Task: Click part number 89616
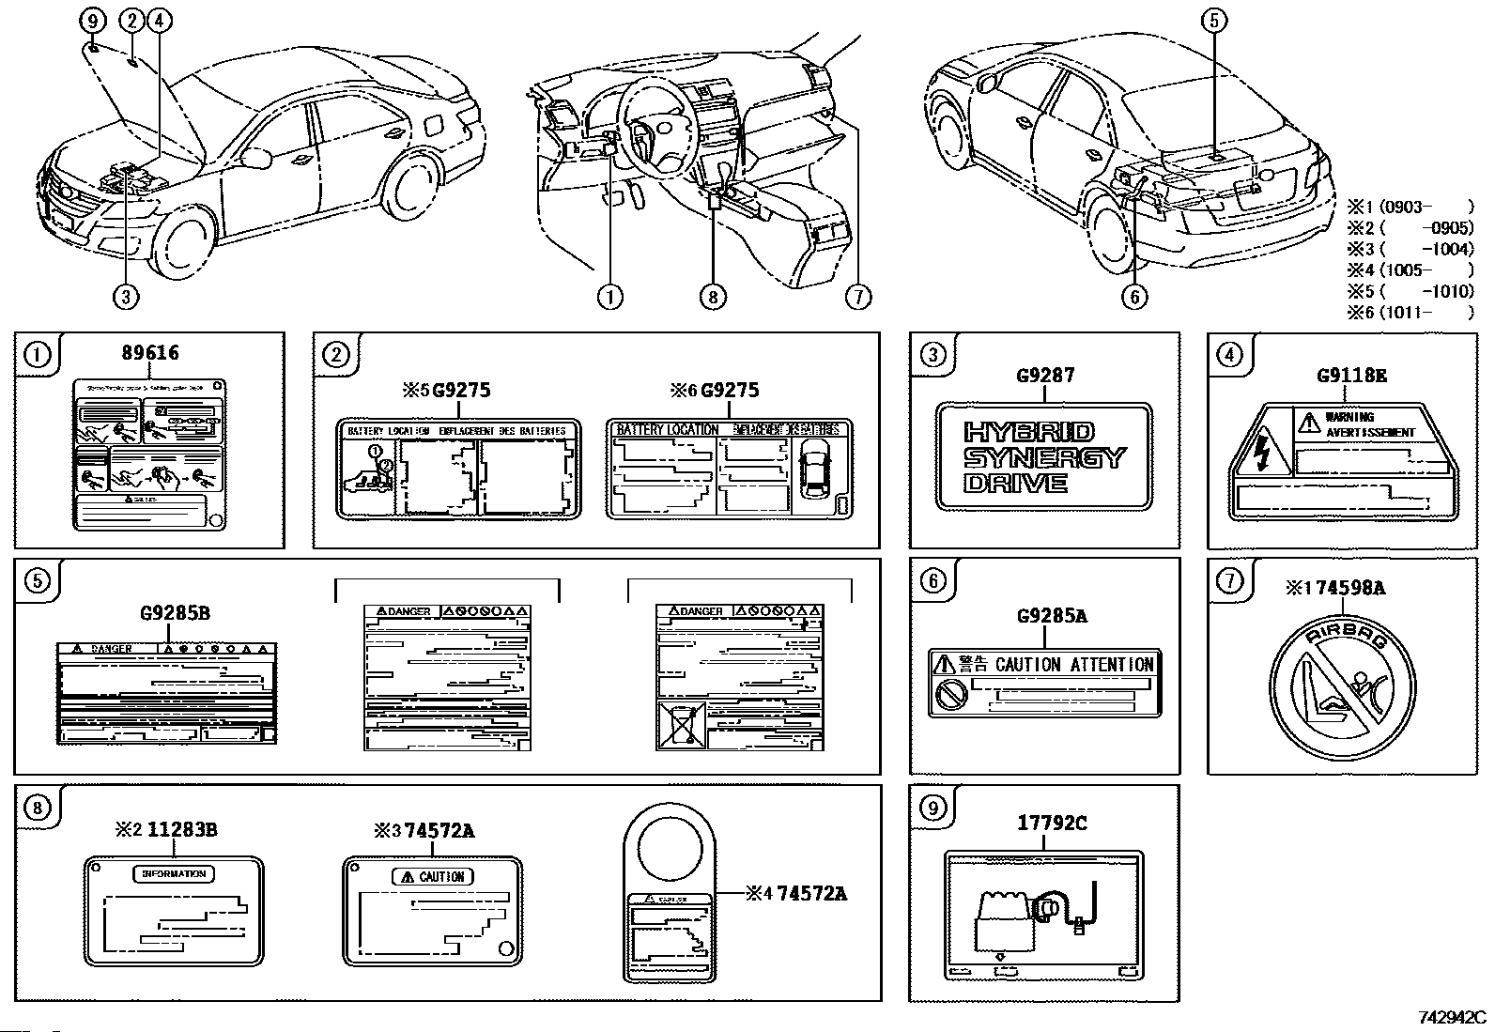point(150,353)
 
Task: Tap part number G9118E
point(1351,376)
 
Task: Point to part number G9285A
point(1052,616)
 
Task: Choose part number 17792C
point(1052,823)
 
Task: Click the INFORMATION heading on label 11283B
point(174,873)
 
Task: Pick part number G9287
point(1044,376)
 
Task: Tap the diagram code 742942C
point(1452,1017)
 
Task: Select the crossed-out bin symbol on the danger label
point(678,724)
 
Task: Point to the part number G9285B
point(175,613)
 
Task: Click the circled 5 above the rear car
point(1214,21)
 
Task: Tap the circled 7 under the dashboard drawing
point(857,297)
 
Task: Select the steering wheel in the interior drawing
point(657,131)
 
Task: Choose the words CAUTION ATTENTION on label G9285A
point(1074,665)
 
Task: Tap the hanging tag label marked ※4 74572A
point(670,901)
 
